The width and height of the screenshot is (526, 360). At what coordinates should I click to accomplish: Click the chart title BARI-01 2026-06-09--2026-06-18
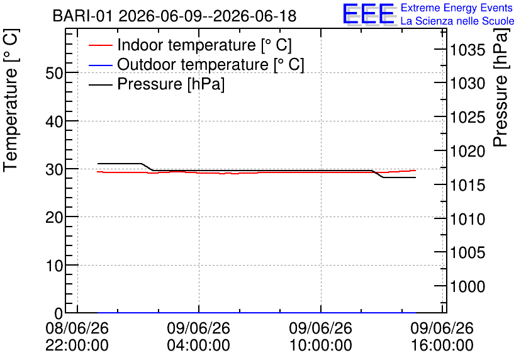174,16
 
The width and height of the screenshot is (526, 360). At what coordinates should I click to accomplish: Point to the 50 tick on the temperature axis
54,73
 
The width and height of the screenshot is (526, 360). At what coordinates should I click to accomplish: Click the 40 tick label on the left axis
54,121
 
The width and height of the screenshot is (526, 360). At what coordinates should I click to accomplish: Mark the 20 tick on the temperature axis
54,217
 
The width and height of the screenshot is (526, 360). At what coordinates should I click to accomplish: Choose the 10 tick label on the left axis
54,266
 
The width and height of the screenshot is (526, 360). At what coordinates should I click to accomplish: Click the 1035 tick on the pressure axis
467,50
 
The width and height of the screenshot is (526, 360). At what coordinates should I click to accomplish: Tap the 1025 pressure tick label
467,118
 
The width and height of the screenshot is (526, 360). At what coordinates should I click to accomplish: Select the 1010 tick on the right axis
467,219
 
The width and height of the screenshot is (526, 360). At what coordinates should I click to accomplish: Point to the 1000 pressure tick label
467,286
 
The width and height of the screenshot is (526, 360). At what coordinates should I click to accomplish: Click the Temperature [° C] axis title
11,100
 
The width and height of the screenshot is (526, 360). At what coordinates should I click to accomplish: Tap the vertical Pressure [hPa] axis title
500,87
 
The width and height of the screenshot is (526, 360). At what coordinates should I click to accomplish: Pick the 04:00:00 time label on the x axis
199,346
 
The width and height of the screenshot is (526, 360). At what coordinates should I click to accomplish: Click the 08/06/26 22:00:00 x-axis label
77,337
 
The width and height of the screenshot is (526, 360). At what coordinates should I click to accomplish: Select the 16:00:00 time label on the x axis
442,346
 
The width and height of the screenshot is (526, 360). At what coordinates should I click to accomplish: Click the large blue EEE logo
368,14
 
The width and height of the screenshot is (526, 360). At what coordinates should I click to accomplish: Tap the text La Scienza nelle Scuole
457,21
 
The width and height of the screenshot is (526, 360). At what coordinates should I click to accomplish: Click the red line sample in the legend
100,45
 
